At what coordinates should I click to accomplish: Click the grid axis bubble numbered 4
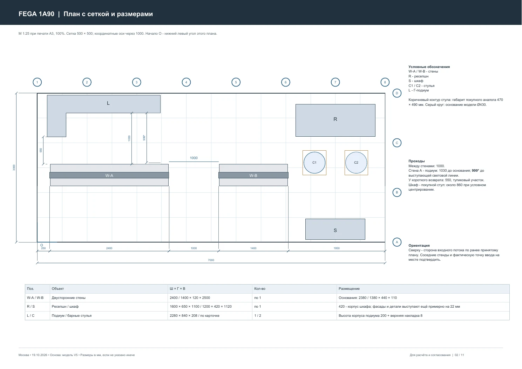[x=186, y=82]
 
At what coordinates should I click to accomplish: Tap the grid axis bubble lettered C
[x=397, y=143]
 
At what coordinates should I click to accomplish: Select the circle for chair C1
[x=314, y=163]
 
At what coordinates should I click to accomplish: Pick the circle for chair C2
[x=356, y=163]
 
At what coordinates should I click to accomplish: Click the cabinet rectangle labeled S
[x=335, y=229]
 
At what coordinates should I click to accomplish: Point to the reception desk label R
[x=335, y=119]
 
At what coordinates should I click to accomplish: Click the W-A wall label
[x=109, y=176]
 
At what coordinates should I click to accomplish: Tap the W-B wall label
[x=253, y=176]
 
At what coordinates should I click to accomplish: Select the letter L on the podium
[x=108, y=103]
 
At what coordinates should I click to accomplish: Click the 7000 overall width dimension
[x=211, y=260]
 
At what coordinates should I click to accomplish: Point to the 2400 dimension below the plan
[x=109, y=248]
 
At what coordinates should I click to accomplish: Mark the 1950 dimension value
[x=337, y=248]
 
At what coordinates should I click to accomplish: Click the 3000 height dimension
[x=14, y=168]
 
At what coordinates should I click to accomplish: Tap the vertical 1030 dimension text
[x=129, y=138]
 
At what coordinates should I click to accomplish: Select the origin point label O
[x=42, y=245]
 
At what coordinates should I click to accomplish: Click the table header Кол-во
[x=260, y=289]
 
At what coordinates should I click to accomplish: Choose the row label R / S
[x=31, y=307]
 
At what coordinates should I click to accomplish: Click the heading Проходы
[x=416, y=161]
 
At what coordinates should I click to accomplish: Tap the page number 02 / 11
[x=459, y=355]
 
